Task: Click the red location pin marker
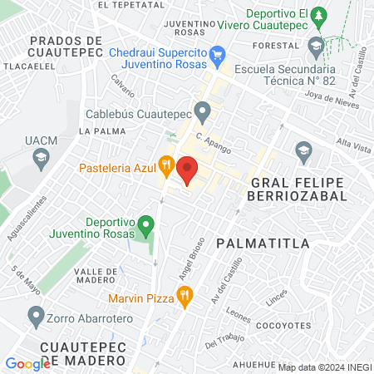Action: [x=188, y=170]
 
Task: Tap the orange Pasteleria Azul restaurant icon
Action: [x=166, y=165]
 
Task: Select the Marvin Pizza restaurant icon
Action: [x=185, y=294]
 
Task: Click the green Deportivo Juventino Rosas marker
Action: [x=146, y=224]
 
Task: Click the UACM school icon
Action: [x=39, y=157]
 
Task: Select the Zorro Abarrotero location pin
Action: [x=36, y=316]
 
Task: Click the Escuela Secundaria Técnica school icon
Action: [x=316, y=46]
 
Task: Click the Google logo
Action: [x=27, y=363]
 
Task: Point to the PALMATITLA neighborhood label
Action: [x=262, y=243]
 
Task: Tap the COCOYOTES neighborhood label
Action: [x=284, y=325]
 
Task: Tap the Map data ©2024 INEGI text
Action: [x=323, y=367]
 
